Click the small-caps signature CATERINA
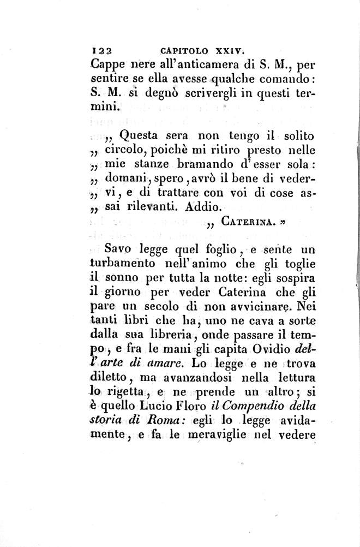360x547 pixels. coord(250,222)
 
